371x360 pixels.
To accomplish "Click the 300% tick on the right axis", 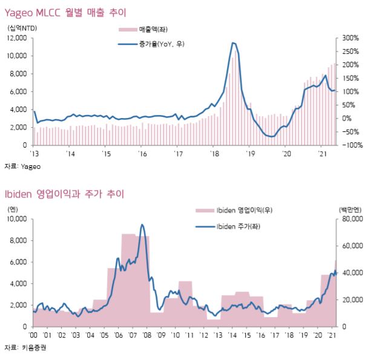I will [350, 38].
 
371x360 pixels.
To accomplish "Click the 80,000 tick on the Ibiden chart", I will [352, 219].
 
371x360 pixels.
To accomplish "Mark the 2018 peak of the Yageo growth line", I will [234, 42].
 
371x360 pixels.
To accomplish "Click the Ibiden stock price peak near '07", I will [142, 224].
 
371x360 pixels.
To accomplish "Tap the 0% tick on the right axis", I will [346, 118].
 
